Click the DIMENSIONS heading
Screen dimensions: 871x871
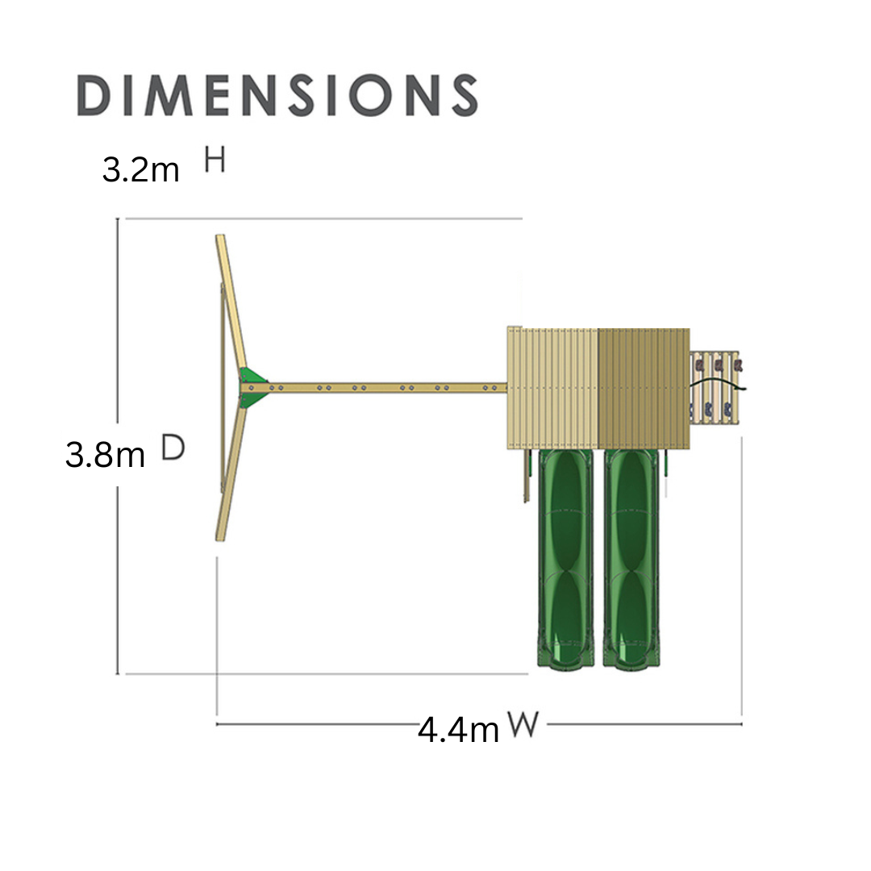tap(277, 95)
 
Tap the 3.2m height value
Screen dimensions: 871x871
tap(140, 169)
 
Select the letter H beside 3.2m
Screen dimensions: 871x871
tap(215, 160)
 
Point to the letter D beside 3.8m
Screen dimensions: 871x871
tap(173, 447)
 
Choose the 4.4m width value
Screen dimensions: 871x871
tap(458, 730)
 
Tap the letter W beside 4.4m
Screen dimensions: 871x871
tap(523, 724)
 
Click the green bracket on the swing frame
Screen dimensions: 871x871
tap(253, 387)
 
